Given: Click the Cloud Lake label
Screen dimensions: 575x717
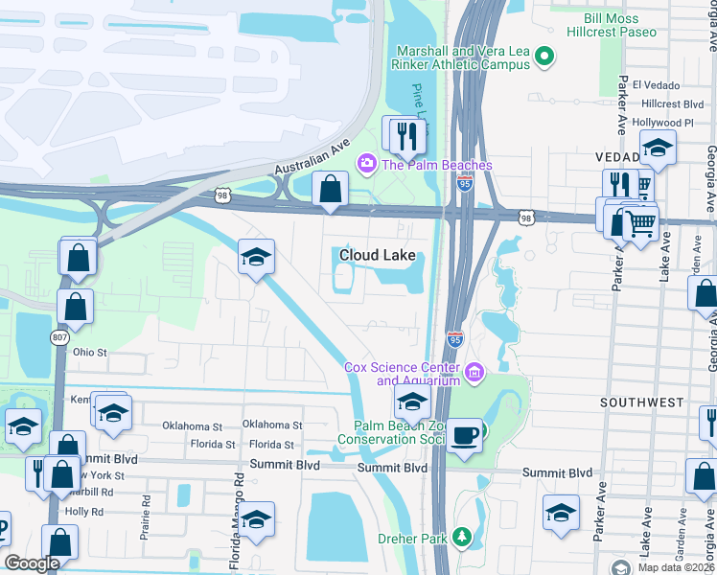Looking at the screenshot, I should (378, 256).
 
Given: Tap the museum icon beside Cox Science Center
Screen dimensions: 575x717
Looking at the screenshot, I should (473, 372).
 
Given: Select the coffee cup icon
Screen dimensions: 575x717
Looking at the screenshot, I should (465, 435).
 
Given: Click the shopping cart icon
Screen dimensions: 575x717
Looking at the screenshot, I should (639, 223).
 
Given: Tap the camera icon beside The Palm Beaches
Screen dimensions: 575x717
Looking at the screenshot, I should (365, 165).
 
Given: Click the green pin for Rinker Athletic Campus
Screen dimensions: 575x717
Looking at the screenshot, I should (545, 57).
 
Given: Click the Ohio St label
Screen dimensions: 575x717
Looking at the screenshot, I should (89, 352).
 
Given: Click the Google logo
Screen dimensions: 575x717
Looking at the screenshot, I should (32, 563).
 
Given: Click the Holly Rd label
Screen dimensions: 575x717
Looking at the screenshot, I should (84, 512).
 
